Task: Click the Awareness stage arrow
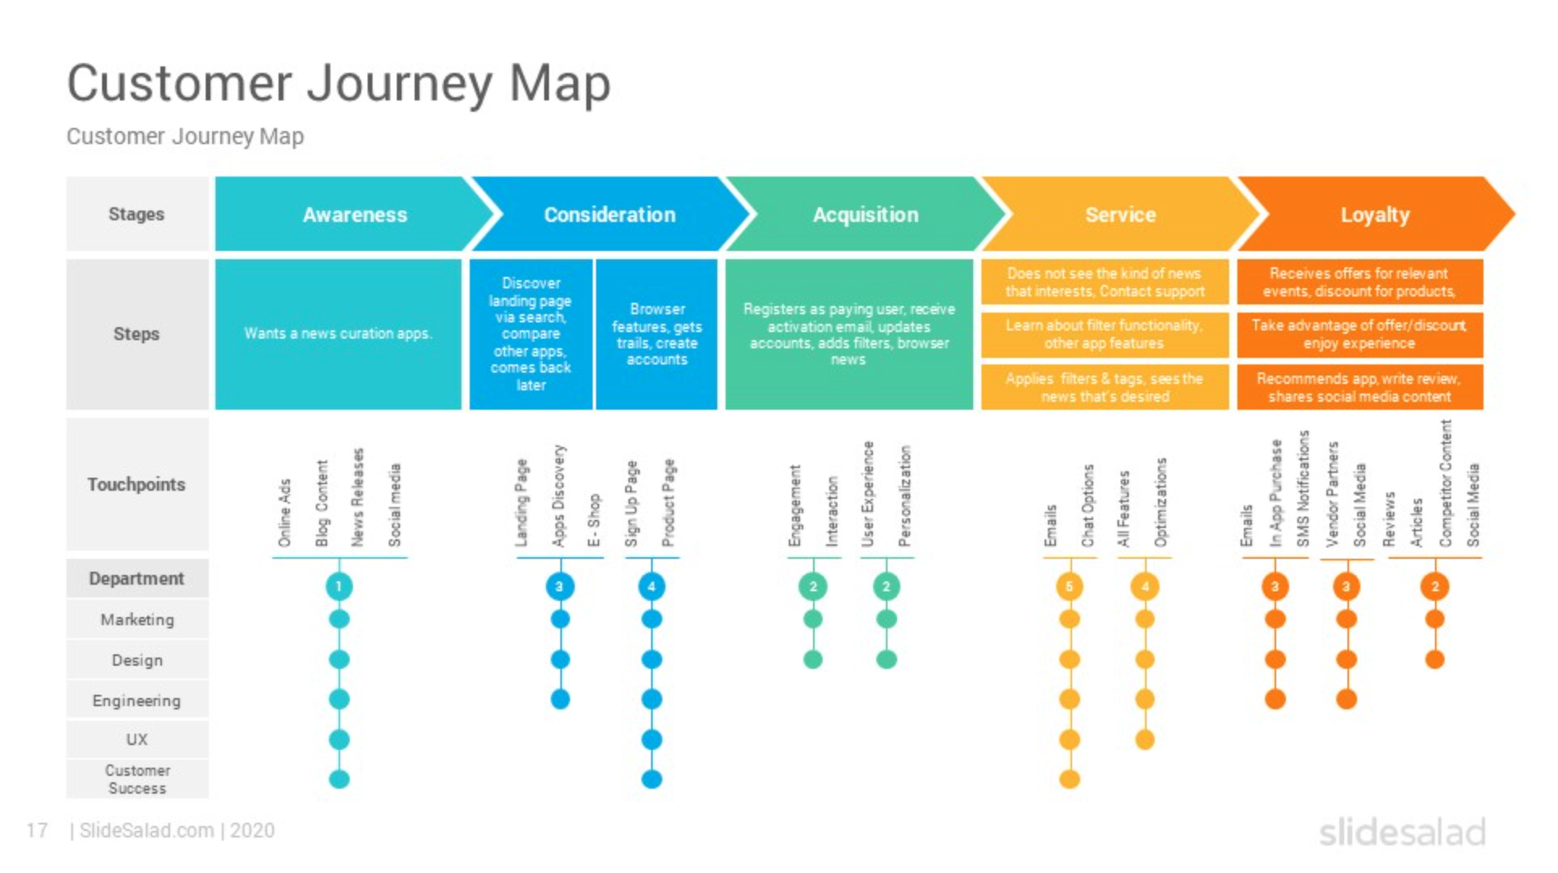(355, 215)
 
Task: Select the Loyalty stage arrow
(1374, 215)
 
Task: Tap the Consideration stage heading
(609, 215)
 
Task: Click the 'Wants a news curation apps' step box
(338, 334)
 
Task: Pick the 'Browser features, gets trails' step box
(657, 334)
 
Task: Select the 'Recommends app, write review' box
(1359, 388)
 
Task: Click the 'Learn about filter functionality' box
(1104, 334)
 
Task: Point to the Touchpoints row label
(136, 484)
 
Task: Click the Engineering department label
(136, 701)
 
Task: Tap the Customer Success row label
(137, 779)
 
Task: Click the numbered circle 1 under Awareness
(338, 586)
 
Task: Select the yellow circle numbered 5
(1069, 586)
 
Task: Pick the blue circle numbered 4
(651, 586)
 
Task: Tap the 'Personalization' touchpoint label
(905, 496)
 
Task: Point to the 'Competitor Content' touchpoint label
(1445, 483)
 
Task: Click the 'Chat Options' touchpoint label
(1088, 505)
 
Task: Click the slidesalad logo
(1402, 833)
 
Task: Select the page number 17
(36, 830)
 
